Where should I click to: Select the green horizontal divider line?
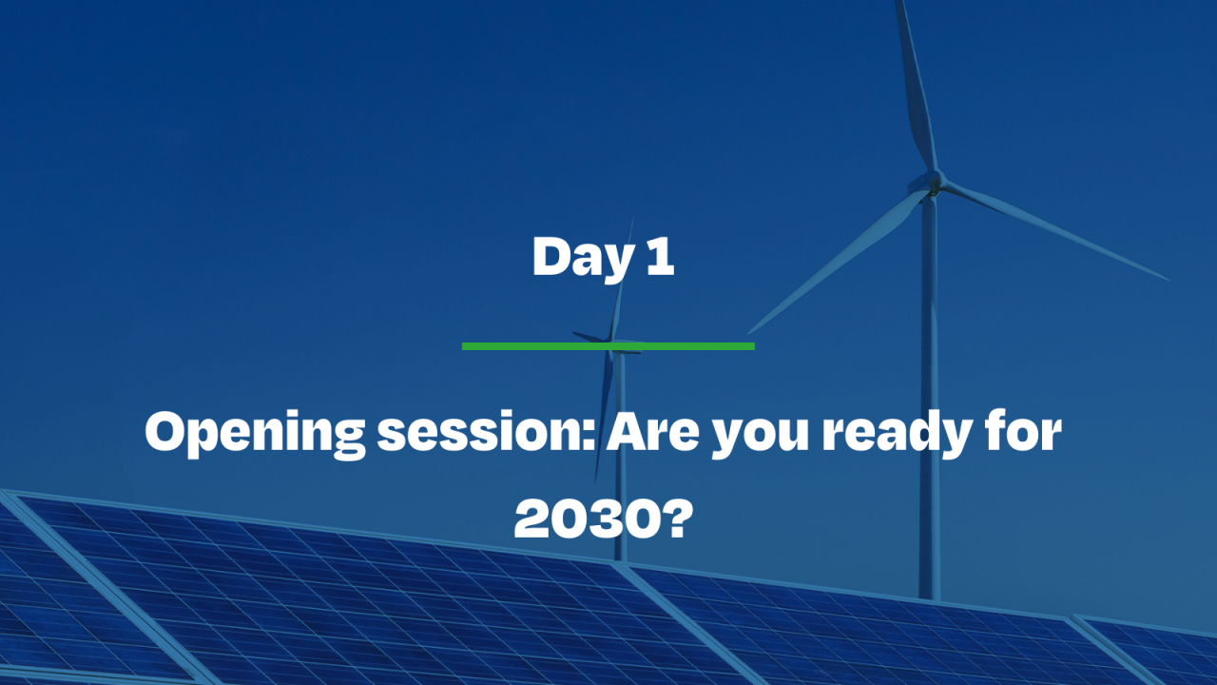(608, 345)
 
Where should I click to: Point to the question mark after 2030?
(672, 519)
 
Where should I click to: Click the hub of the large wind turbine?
(934, 181)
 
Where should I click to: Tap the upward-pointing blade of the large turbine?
(915, 86)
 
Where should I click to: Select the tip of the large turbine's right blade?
(1166, 279)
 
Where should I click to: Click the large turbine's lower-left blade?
(837, 257)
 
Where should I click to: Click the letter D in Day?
(551, 257)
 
